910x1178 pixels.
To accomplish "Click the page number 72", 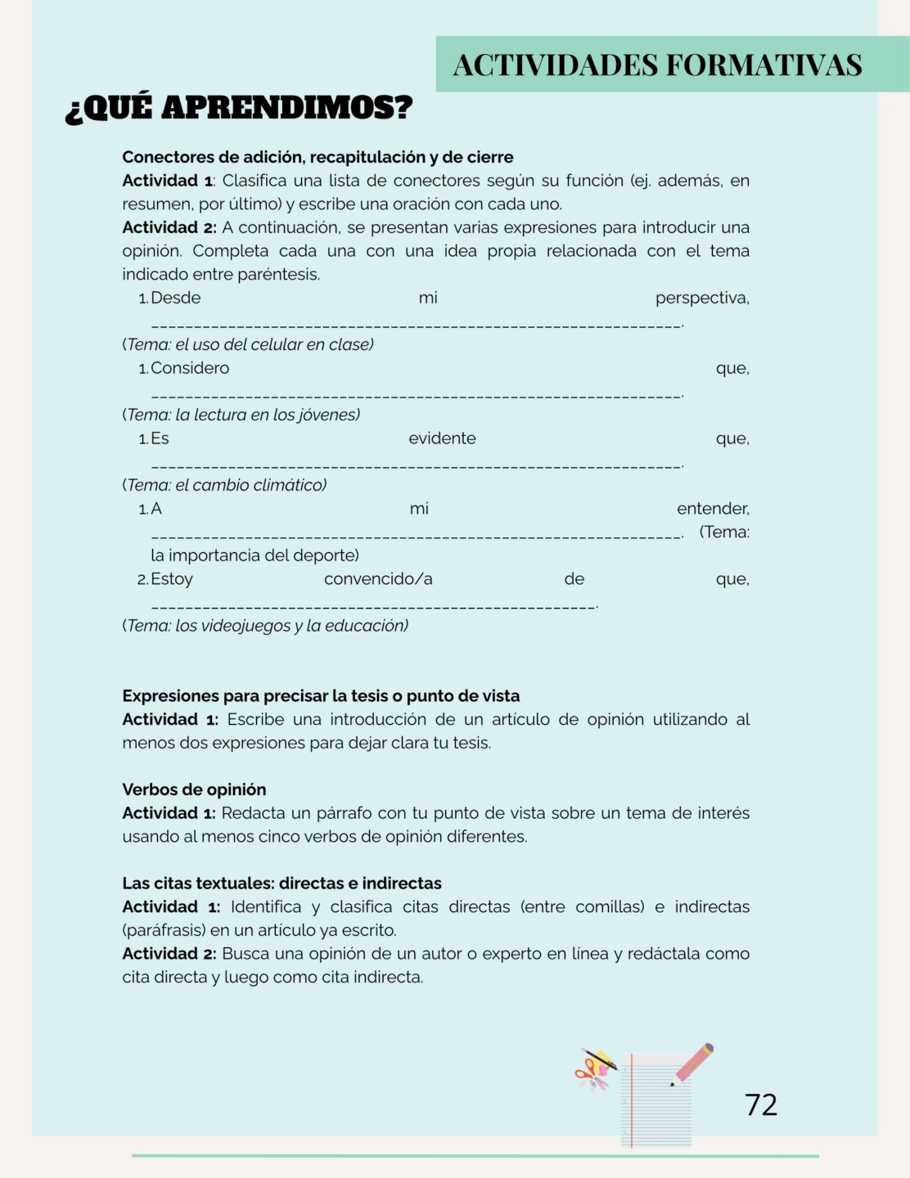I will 761,1104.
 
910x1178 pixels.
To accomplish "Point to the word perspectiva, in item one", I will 702,298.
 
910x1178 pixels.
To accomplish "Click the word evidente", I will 442,438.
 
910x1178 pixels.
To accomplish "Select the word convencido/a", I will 378,579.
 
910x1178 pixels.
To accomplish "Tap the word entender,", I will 713,509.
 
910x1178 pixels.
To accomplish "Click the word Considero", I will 190,368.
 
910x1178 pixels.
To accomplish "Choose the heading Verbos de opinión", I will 194,789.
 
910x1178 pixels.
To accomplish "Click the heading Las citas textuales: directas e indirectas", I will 282,883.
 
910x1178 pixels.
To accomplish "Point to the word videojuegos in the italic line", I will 249,626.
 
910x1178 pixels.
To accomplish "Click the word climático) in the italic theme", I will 290,485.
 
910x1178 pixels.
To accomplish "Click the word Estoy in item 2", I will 172,579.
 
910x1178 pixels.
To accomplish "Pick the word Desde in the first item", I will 176,298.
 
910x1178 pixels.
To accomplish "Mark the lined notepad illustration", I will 655,1100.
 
